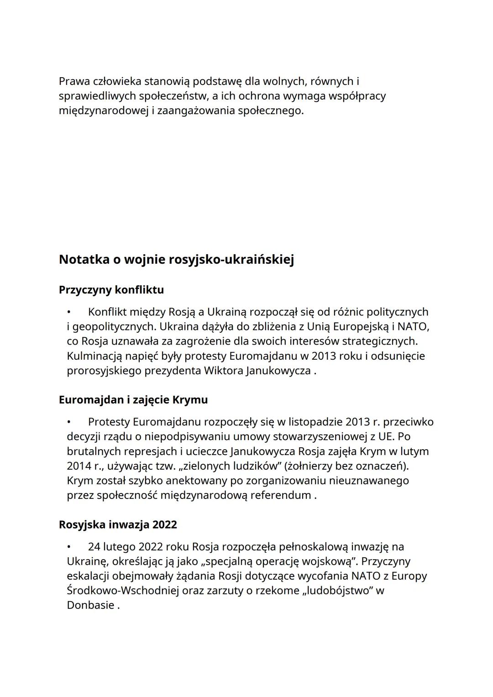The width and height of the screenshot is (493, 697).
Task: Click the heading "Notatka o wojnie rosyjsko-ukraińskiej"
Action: [176, 260]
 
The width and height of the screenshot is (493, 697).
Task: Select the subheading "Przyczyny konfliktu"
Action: [111, 290]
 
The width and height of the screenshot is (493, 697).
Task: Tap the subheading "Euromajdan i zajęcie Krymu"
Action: [133, 400]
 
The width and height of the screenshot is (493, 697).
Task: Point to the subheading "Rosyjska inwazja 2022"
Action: [118, 524]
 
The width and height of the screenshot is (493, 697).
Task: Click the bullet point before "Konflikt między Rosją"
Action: [69, 312]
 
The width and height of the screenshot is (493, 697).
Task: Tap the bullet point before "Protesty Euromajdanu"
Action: [69, 422]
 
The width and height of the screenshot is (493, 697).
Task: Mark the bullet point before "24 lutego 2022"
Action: [69, 547]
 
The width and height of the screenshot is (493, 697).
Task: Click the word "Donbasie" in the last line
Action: [90, 605]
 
